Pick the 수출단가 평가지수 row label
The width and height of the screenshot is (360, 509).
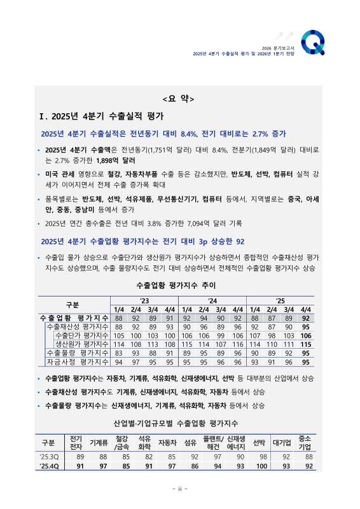click(x=82, y=335)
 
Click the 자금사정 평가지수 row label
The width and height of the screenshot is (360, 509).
click(x=78, y=362)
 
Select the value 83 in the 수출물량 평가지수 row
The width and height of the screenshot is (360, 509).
click(x=118, y=353)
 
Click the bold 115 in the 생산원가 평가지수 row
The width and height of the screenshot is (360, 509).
click(x=306, y=344)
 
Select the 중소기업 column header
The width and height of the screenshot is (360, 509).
click(x=305, y=443)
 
